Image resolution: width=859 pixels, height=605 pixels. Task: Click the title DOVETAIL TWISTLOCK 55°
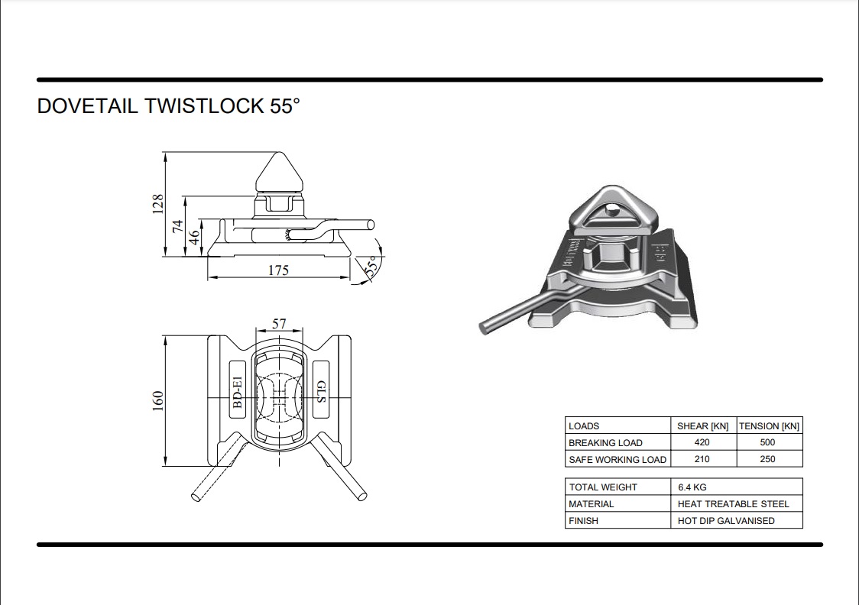tap(168, 106)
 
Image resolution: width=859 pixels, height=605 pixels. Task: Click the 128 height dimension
tap(157, 204)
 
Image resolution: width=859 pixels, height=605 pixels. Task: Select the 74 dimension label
tap(178, 226)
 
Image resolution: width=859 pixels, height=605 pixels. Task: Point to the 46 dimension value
tap(194, 238)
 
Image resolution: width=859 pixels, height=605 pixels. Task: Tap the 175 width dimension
tap(278, 270)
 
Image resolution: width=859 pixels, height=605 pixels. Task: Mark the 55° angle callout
tap(371, 266)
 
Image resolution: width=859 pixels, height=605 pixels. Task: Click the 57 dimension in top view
tap(279, 324)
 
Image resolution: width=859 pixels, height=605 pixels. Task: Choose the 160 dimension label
tap(157, 401)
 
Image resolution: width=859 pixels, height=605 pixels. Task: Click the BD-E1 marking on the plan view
tap(237, 391)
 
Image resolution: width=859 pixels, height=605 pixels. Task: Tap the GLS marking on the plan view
tap(321, 391)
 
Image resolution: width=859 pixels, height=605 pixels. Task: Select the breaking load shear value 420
tap(702, 442)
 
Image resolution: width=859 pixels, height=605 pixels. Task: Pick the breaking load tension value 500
tap(767, 442)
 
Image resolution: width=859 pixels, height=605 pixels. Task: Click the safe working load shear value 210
tap(702, 459)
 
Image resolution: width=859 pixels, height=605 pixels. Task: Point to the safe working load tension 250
tap(767, 459)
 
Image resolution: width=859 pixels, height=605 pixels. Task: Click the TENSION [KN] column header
tap(769, 426)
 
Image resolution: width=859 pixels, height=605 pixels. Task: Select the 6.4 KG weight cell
tap(692, 487)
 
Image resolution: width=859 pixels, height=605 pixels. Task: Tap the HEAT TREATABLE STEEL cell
tap(733, 504)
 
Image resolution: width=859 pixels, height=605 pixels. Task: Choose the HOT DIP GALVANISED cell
tap(726, 521)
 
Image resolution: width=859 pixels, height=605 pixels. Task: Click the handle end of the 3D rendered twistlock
tap(485, 328)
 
